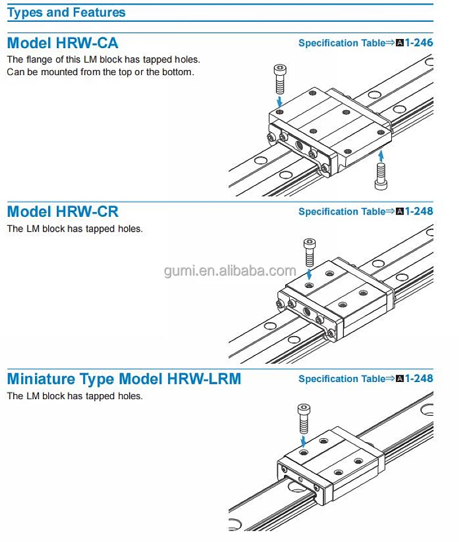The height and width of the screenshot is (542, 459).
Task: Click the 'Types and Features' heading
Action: (x=66, y=12)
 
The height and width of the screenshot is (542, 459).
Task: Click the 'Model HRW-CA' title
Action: (x=63, y=43)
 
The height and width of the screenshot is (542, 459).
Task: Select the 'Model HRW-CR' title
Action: (x=63, y=212)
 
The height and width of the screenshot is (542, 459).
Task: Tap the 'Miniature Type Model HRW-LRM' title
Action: (x=124, y=379)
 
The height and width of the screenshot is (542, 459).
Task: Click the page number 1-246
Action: (x=419, y=43)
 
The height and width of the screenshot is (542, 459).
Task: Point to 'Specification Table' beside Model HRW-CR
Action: (x=343, y=212)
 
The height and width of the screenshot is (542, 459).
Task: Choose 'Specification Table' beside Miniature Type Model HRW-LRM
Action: (x=343, y=379)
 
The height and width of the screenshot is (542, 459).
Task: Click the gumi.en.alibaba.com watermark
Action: (x=229, y=271)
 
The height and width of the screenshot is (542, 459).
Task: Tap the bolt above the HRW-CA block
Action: (x=279, y=79)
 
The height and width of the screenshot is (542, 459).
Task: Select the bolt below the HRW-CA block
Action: (x=379, y=175)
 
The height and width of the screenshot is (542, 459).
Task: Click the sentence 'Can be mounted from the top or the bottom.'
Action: (x=100, y=72)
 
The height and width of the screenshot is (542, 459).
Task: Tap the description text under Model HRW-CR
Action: (x=75, y=229)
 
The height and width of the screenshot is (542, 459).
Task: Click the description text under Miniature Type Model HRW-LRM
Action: (x=75, y=396)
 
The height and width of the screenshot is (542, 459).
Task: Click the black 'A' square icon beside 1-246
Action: (x=400, y=43)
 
